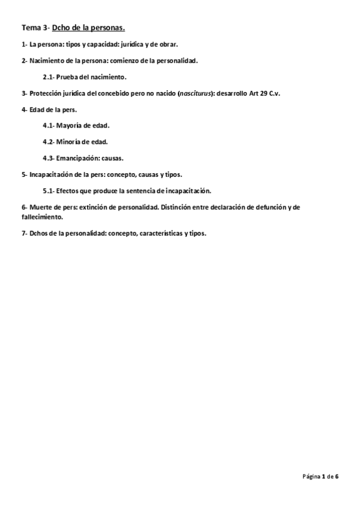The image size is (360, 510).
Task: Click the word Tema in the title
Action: point(30,28)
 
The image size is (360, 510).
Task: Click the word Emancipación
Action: point(82,158)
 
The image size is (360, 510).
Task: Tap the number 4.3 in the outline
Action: point(49,158)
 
